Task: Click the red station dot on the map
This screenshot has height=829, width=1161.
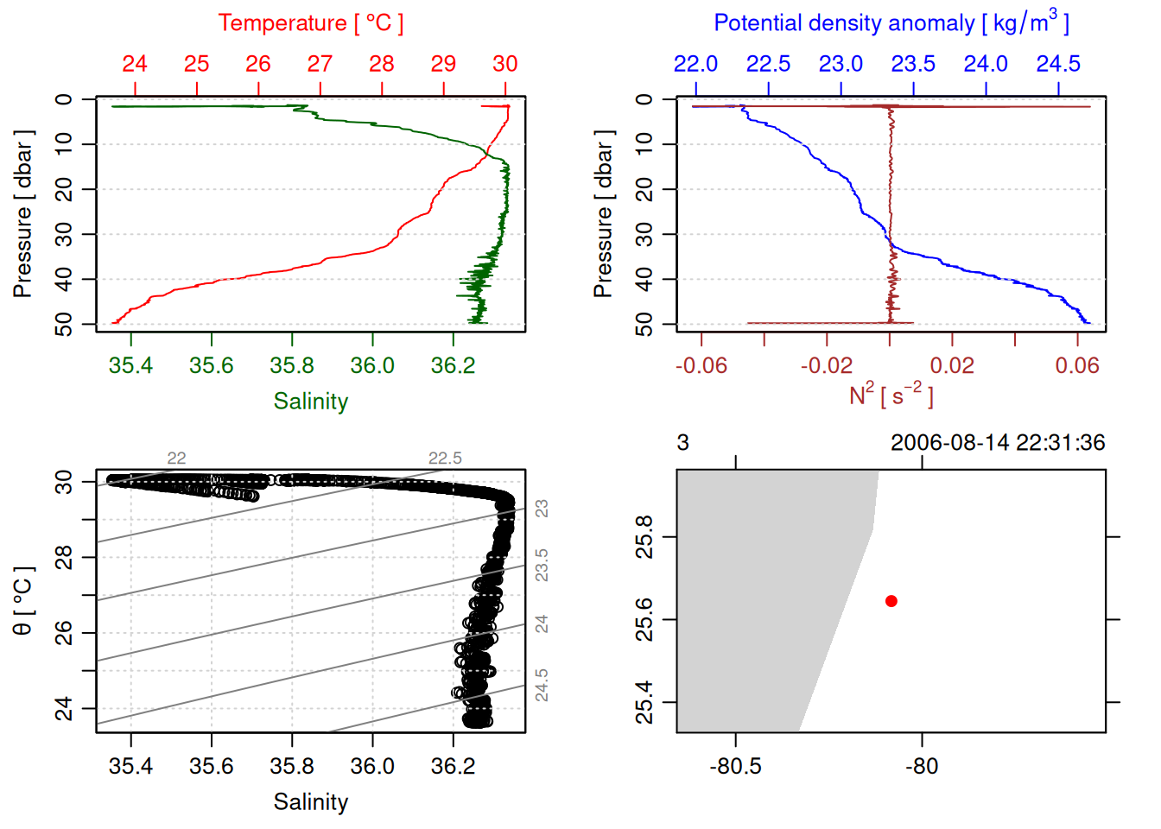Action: click(x=891, y=601)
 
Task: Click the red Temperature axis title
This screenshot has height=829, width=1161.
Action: click(x=310, y=23)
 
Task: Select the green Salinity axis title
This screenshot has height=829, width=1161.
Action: click(x=310, y=402)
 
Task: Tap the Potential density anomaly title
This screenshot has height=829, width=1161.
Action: click(x=891, y=23)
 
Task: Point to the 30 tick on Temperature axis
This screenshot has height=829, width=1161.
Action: click(x=505, y=64)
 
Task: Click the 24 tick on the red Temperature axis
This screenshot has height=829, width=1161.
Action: click(x=135, y=64)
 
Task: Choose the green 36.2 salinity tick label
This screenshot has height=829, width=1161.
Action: click(x=453, y=366)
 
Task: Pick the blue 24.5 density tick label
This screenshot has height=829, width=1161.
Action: click(x=1058, y=64)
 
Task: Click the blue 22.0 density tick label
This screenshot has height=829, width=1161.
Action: click(x=695, y=64)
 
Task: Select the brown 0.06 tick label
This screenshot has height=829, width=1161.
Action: click(x=1077, y=366)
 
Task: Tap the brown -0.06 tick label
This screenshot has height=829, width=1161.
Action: click(x=701, y=366)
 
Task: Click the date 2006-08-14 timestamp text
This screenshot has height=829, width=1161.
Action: click(x=998, y=443)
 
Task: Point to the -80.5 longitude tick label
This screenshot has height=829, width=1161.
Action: click(x=735, y=767)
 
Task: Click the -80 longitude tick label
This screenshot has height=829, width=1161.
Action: click(x=922, y=767)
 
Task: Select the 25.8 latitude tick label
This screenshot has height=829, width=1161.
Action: click(x=644, y=537)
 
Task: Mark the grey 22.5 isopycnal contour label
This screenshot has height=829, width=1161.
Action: click(x=445, y=459)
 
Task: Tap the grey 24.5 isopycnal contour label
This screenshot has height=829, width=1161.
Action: click(x=542, y=685)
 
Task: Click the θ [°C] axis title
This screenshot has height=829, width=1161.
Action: click(x=23, y=601)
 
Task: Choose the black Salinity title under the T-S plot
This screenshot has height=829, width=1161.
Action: click(x=310, y=802)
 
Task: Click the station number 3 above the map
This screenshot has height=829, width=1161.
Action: click(x=683, y=443)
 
